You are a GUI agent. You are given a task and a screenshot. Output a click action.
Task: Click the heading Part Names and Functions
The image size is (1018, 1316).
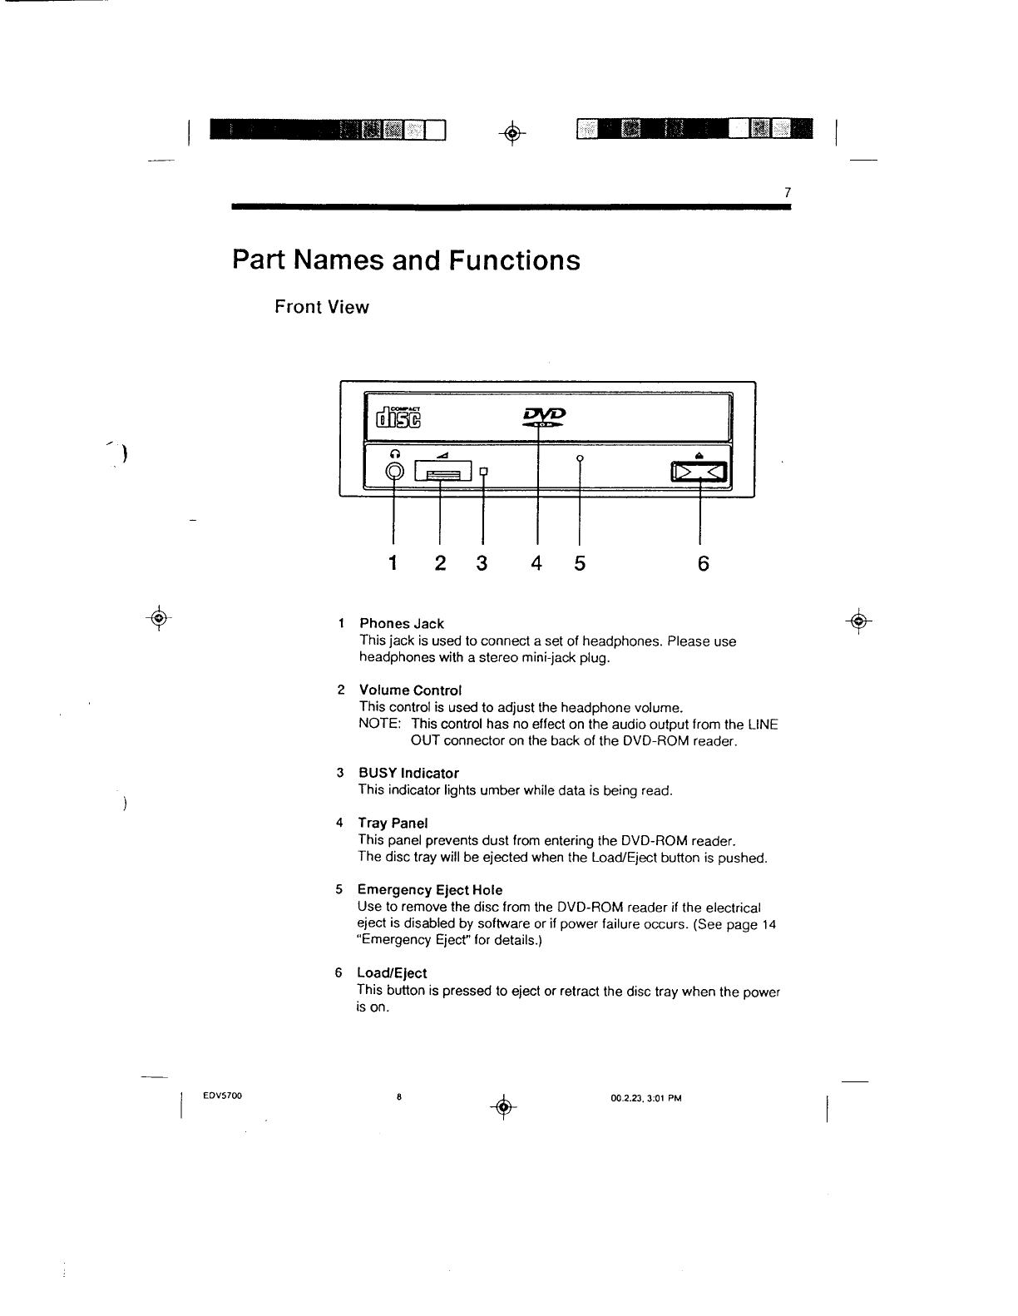coord(406,260)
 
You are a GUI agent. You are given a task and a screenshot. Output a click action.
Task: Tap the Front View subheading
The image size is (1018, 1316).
coord(322,307)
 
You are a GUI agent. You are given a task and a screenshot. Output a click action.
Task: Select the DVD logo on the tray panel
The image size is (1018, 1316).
coord(544,416)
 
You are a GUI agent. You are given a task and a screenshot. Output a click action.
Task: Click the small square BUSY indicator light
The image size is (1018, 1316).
coord(483,473)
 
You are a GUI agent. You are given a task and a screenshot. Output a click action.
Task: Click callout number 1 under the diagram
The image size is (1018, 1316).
coord(393,564)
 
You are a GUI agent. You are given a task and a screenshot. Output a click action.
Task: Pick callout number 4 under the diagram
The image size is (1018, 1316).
coord(537,564)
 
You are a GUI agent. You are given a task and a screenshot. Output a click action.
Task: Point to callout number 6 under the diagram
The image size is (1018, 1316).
coord(703,564)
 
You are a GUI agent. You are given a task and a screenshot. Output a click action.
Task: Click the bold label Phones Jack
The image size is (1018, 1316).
coord(401,624)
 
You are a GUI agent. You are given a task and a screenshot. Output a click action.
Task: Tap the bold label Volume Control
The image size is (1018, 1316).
coord(409,690)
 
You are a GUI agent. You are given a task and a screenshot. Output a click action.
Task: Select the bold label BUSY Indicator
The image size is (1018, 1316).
coord(408,774)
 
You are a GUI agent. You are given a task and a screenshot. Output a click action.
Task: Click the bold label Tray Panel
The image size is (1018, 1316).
coord(393,824)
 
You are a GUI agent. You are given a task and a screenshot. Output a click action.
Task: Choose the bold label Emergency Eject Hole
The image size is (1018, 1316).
coord(430,890)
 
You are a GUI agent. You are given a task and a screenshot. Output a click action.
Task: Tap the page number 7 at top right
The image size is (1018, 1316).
coord(787,193)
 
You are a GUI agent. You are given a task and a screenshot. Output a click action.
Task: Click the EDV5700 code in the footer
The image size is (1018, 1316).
coord(222,1096)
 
